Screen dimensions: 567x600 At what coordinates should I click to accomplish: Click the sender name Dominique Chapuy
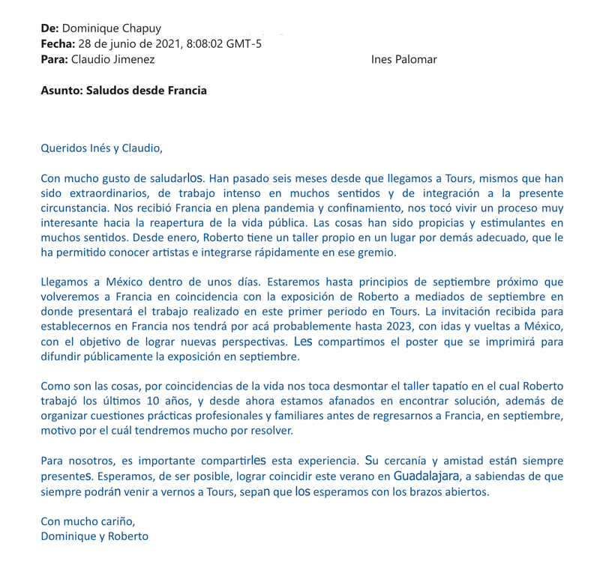111,28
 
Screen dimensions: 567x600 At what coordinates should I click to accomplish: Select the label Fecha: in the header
58,43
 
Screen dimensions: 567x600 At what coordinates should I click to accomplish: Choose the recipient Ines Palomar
404,59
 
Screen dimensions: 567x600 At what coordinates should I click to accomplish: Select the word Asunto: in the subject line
62,91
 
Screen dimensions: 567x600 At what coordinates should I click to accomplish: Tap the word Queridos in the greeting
63,148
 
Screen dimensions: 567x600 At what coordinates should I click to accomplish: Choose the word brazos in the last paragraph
433,491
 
